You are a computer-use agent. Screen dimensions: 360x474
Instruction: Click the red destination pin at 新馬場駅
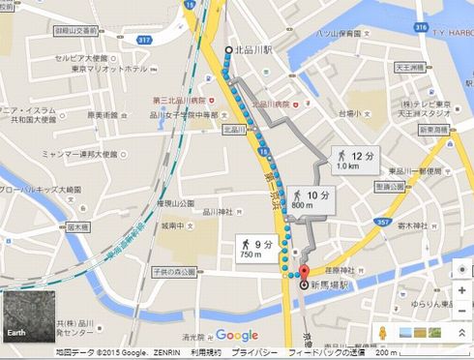(x=302, y=274)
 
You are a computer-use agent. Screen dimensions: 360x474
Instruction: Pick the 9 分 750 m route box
(x=253, y=249)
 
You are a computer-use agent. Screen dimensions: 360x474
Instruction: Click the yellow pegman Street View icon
(x=384, y=332)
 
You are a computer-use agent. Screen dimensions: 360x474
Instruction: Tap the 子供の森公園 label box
(x=174, y=272)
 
